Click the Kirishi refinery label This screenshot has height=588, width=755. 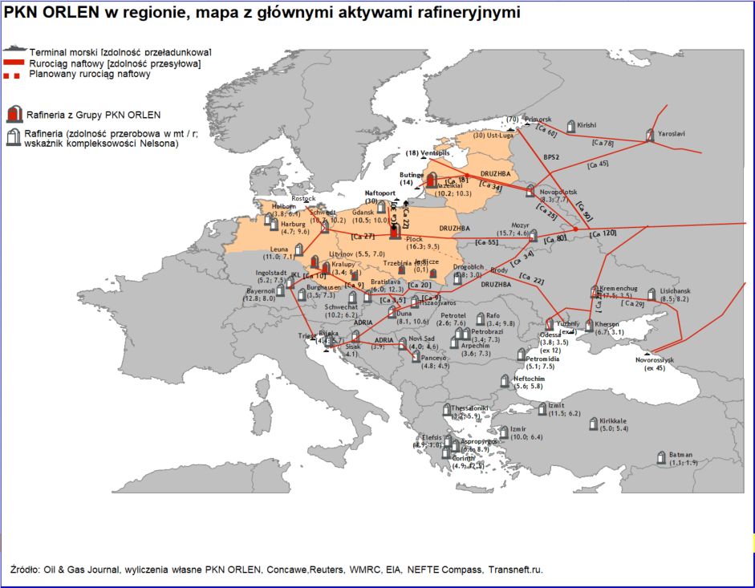(x=587, y=125)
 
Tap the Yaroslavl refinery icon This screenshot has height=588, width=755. (x=650, y=135)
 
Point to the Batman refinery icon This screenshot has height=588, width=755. (x=663, y=454)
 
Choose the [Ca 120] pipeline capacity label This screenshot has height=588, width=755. (x=603, y=233)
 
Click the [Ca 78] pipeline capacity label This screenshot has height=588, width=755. (x=602, y=142)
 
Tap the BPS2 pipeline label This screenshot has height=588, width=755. (x=550, y=156)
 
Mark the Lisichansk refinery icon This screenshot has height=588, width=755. (x=650, y=294)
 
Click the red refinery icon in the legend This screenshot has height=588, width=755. (x=12, y=114)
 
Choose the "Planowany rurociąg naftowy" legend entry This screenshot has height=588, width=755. (x=90, y=74)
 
